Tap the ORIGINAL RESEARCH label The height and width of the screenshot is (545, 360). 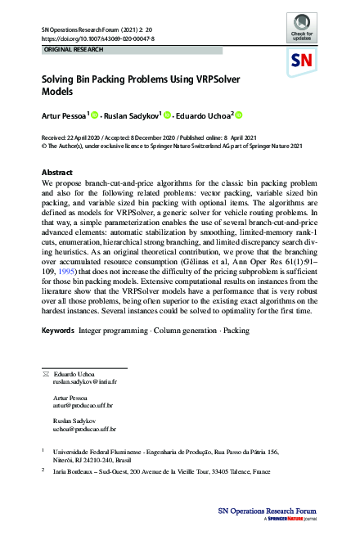(x=68, y=50)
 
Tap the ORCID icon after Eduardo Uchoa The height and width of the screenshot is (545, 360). (x=240, y=115)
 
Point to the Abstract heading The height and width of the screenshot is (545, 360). (x=57, y=173)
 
